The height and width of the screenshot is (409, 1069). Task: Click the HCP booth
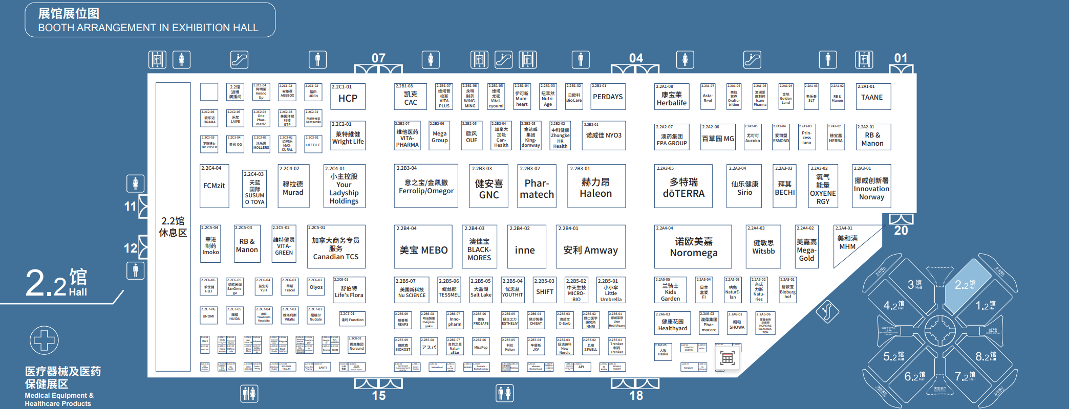tap(348, 97)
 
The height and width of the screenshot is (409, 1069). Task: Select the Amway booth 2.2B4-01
tap(590, 247)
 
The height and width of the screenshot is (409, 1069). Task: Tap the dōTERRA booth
tap(683, 186)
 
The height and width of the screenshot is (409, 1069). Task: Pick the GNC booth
tap(488, 186)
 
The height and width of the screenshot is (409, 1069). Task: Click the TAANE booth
tap(873, 97)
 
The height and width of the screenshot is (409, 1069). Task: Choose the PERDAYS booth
tap(608, 97)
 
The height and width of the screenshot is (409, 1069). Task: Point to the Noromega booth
tap(693, 247)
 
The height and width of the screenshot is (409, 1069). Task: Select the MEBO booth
tap(423, 247)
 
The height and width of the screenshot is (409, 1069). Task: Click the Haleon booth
tap(596, 186)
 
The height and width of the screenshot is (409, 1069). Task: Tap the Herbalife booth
tap(671, 97)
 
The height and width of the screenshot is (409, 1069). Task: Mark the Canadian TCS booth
tap(336, 247)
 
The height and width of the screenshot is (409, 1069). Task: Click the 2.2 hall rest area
tap(173, 226)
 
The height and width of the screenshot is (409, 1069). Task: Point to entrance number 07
tap(378, 58)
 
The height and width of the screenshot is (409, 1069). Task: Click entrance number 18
tap(636, 395)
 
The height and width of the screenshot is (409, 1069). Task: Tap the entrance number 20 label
tap(901, 231)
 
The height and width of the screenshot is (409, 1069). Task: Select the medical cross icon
tap(44, 340)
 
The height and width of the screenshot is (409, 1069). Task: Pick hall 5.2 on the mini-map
tap(893, 356)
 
